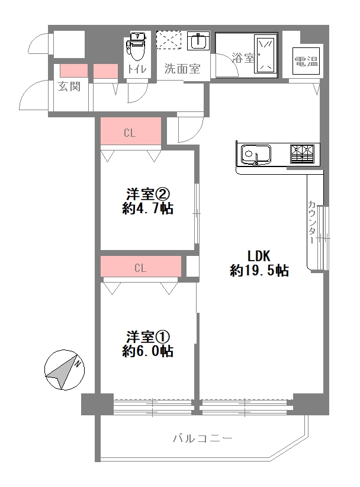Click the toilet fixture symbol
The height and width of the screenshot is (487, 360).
point(136,46)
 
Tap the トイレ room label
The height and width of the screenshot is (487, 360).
point(137,69)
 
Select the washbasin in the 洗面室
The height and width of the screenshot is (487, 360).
point(198,40)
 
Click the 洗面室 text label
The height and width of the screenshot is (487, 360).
point(182,69)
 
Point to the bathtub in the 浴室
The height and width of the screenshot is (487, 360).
point(266,54)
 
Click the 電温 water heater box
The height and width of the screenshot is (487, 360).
point(306,61)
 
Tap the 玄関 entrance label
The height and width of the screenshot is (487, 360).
point(69,86)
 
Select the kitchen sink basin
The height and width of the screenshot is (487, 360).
point(256,154)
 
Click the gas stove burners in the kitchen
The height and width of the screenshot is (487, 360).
point(302,153)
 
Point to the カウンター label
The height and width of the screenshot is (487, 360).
point(312,222)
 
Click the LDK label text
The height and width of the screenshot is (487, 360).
point(259,256)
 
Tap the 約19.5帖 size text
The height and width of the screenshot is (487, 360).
point(259,271)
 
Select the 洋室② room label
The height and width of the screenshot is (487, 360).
point(147,195)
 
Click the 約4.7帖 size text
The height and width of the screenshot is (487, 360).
point(147,209)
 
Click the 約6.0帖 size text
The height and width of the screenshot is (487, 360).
point(147,351)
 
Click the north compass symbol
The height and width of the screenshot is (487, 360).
point(65,370)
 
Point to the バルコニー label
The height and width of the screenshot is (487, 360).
point(202,438)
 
